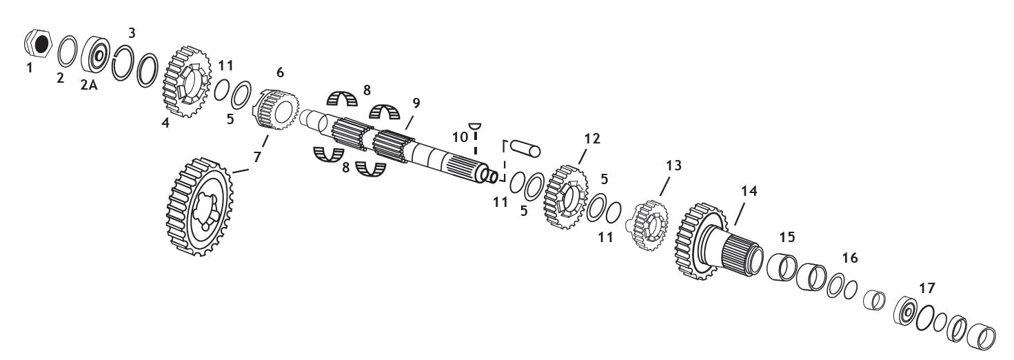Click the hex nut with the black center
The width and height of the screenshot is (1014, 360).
click(40, 44)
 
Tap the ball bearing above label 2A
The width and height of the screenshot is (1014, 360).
click(94, 54)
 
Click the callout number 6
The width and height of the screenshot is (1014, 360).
click(279, 72)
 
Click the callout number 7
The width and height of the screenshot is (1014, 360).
click(257, 158)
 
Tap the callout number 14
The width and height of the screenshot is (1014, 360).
click(749, 192)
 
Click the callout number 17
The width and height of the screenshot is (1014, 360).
click(927, 287)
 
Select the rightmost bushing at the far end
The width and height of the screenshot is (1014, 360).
click(982, 335)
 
